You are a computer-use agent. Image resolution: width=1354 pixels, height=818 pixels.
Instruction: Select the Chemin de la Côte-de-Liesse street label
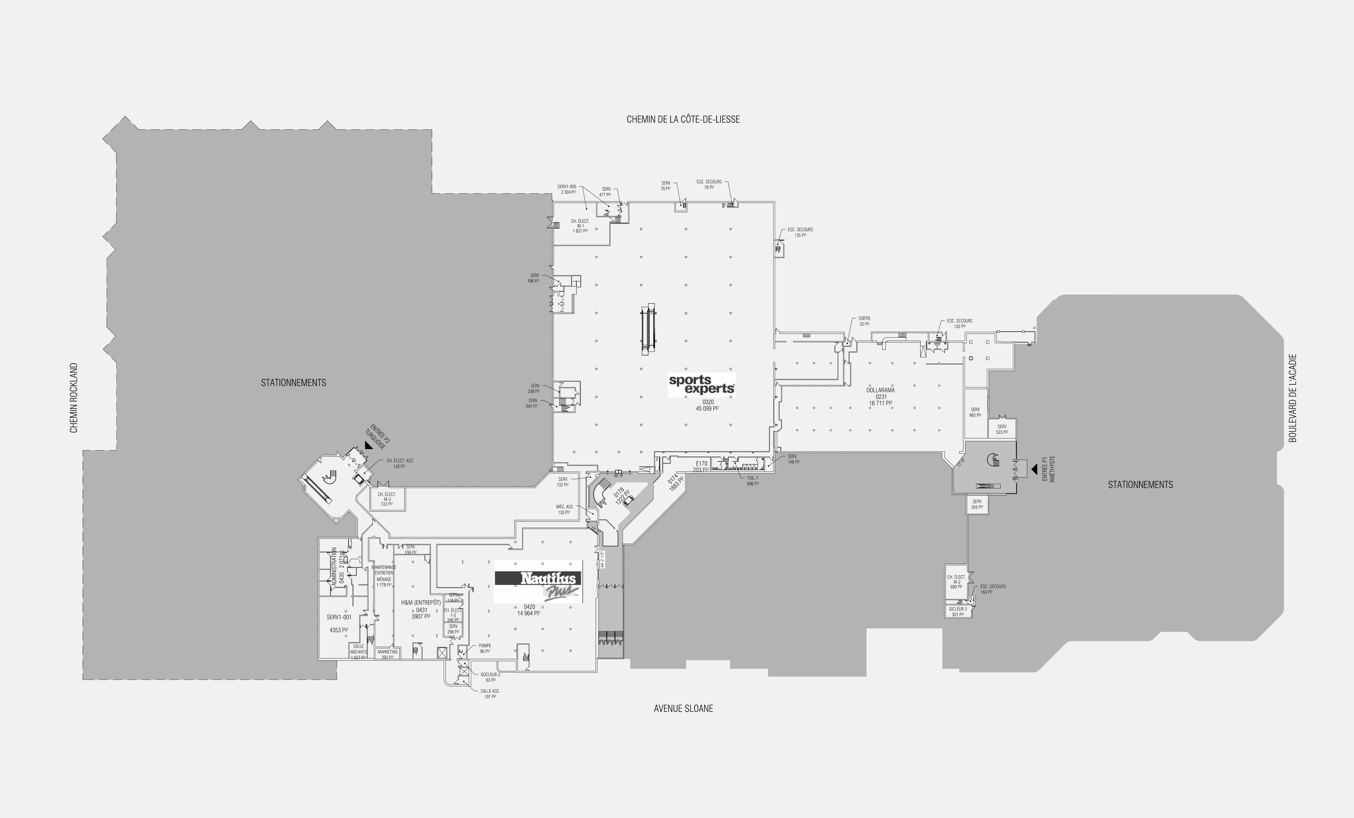683,119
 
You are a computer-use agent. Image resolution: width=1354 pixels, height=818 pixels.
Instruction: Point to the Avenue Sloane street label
683,709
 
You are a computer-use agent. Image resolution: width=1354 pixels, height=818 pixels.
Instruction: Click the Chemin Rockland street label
74,397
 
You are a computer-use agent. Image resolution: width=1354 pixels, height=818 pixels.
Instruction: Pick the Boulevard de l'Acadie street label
1292,397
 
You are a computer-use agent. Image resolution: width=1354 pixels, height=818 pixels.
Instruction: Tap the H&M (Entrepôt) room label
421,602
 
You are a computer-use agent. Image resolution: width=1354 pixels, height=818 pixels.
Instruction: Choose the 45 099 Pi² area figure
707,409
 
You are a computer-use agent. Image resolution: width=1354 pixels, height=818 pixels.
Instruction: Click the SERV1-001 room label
338,617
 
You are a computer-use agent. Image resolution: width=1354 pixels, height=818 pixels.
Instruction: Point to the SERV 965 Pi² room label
975,412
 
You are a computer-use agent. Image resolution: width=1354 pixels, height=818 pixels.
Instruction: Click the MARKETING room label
388,652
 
